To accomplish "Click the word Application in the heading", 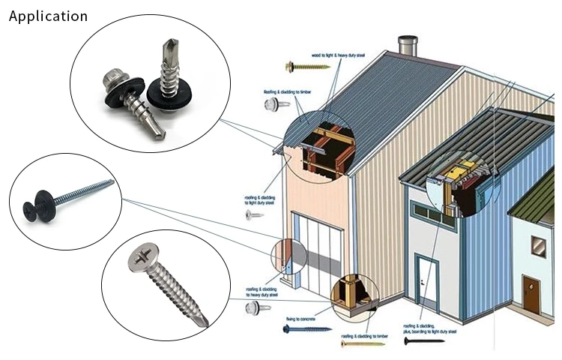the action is pos(48,16).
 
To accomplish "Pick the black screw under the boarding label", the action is pos(423,341).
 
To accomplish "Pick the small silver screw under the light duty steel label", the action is pos(255,215).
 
